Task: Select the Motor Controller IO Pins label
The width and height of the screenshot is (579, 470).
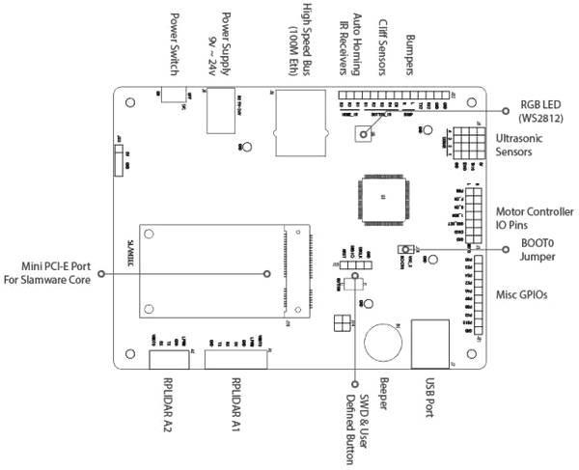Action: pyautogui.click(x=534, y=218)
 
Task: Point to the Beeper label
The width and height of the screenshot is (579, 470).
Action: pyautogui.click(x=384, y=394)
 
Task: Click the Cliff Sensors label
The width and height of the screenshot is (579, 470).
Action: pyautogui.click(x=383, y=42)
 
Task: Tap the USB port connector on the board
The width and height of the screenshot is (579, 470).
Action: pyautogui.click(x=429, y=344)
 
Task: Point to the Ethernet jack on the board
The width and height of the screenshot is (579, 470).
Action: pyautogui.click(x=296, y=120)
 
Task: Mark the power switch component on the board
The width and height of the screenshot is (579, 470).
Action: pyautogui.click(x=175, y=95)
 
